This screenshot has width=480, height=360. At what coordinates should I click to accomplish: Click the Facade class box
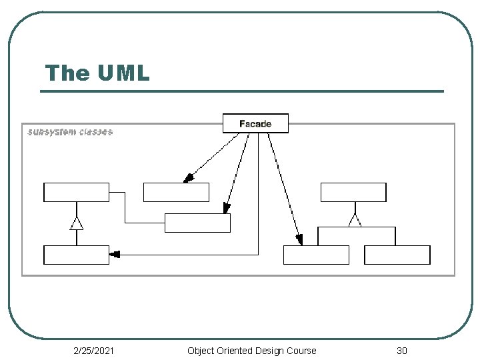click(255, 123)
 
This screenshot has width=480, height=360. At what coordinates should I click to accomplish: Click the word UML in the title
click(124, 73)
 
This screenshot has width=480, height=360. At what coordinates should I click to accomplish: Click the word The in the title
click(67, 73)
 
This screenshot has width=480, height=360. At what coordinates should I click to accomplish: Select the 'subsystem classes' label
click(70, 132)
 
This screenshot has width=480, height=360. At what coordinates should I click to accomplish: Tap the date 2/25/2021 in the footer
click(94, 351)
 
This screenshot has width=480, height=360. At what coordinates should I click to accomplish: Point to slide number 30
click(401, 351)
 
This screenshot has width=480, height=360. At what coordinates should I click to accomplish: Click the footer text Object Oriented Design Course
click(251, 351)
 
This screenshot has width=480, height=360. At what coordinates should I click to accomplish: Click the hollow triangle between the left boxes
click(77, 223)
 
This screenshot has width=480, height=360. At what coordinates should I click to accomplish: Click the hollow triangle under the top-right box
click(355, 221)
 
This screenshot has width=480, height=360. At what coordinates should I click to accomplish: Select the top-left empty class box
click(76, 192)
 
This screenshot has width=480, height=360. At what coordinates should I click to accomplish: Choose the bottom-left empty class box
click(76, 255)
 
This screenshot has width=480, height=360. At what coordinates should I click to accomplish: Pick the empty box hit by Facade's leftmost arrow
click(176, 192)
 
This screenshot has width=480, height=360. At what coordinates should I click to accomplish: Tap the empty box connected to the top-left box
click(197, 223)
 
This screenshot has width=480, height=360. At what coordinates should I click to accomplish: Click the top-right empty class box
click(353, 192)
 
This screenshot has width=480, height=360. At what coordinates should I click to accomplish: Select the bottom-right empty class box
click(397, 255)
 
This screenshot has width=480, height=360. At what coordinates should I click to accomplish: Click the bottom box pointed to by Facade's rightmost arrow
click(316, 255)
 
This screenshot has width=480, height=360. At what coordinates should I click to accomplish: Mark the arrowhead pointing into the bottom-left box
click(115, 255)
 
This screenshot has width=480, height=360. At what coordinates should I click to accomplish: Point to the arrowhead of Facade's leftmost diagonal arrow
click(188, 178)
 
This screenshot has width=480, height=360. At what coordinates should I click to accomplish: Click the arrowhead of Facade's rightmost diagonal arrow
click(299, 240)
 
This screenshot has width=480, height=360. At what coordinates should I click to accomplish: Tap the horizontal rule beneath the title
click(242, 91)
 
